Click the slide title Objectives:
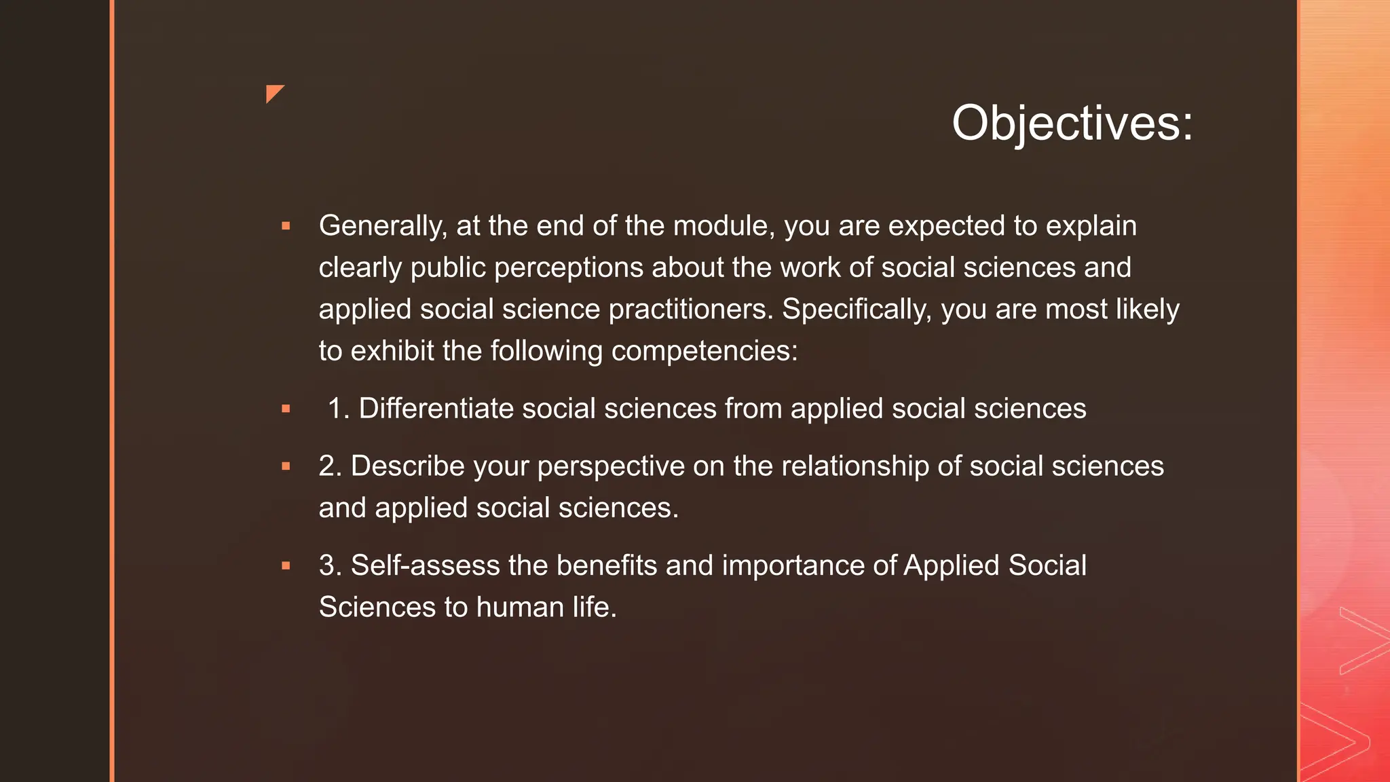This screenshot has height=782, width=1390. point(1072,124)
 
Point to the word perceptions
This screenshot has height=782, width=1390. point(569,268)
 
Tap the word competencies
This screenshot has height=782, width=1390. point(704,352)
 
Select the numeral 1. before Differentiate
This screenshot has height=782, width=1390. point(338,409)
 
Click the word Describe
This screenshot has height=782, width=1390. point(408,466)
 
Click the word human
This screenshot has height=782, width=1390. point(519,607)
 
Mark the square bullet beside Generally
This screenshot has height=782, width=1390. point(286,226)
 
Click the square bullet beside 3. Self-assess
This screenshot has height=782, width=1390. point(286,565)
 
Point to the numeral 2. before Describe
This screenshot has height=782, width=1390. point(330,466)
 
